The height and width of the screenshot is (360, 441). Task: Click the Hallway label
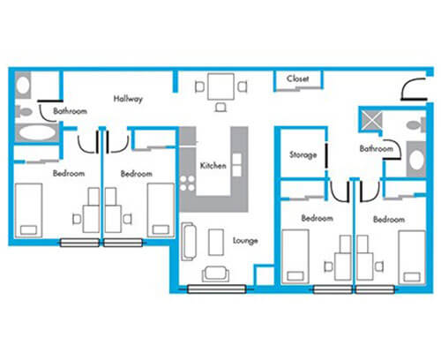pos(128,99)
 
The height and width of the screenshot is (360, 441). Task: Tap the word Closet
pos(297,79)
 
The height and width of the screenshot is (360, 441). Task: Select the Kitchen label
pos(213,166)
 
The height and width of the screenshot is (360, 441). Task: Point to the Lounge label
pos(245,241)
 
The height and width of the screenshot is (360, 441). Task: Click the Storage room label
pos(303,154)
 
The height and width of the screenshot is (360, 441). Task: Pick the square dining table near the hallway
pos(220,86)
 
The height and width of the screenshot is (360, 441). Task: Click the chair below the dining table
pos(220,107)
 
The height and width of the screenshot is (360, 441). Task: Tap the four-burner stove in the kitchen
pos(187,184)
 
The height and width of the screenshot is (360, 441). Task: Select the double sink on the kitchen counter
pos(237,165)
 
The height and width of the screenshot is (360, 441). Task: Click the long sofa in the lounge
pos(189,242)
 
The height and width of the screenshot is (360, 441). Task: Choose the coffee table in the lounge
pos(216,242)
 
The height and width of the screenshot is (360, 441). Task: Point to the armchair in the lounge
pos(215,274)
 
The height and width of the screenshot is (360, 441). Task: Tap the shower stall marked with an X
pos(372,121)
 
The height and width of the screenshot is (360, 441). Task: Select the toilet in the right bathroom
pos(416,125)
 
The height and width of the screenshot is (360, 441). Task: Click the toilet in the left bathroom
pos(23,111)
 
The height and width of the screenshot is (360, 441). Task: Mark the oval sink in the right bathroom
pos(416,161)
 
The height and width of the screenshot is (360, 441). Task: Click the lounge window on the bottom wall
pos(217,289)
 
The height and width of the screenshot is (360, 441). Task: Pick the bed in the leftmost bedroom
pos(29,210)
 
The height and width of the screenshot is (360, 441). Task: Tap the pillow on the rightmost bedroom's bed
pos(412,277)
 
